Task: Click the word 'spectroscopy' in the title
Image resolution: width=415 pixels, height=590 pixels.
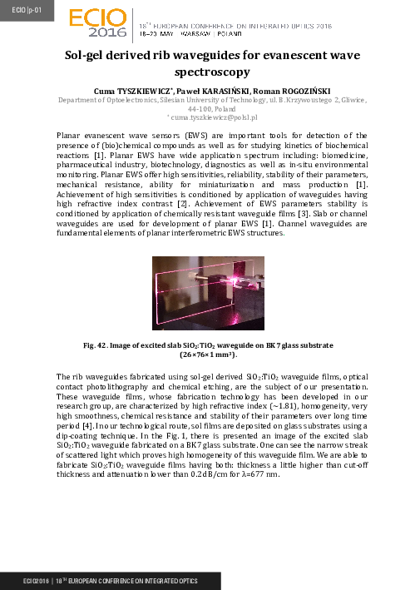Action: [x=207, y=73]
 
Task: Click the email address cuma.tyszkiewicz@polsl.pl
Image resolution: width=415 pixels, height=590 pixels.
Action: [x=209, y=117]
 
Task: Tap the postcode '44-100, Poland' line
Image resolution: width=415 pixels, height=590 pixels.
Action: [x=207, y=108]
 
